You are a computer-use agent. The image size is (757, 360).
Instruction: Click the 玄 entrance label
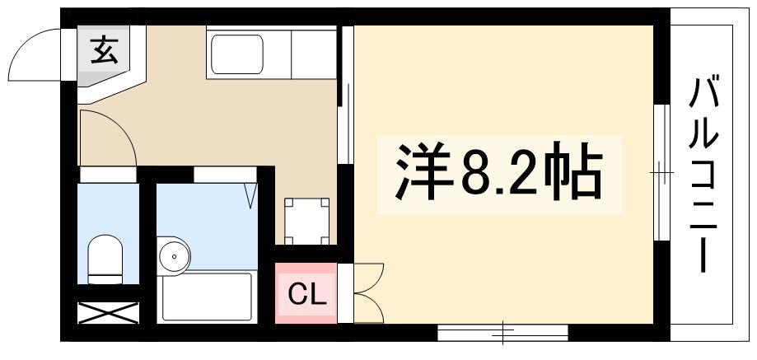click(x=105, y=51)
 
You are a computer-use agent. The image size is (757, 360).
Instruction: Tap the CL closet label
click(x=306, y=294)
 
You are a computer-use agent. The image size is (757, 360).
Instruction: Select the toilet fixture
click(x=105, y=259)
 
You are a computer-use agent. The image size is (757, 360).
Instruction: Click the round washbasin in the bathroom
click(x=174, y=255)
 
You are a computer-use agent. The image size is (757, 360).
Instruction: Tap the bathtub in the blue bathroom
click(x=207, y=297)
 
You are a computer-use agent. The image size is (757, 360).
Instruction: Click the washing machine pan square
click(x=306, y=221)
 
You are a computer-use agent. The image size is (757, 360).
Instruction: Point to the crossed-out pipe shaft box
click(x=108, y=313)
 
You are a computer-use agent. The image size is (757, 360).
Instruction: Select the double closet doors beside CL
click(x=369, y=293)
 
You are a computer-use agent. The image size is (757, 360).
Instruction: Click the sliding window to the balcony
click(x=662, y=172)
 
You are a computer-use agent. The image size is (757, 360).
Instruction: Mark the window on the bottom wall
click(x=502, y=333)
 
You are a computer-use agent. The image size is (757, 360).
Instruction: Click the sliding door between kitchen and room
click(x=346, y=95)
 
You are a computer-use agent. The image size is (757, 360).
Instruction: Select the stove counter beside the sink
click(x=313, y=53)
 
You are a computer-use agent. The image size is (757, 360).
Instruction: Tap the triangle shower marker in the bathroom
click(x=250, y=196)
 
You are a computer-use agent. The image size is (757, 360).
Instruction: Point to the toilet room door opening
click(x=108, y=175)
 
